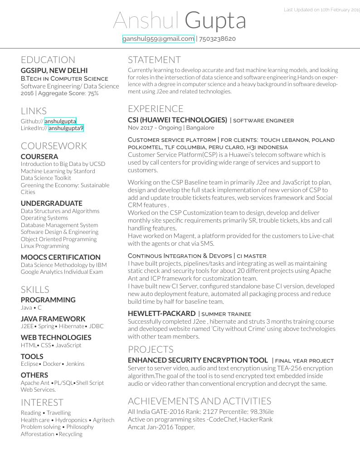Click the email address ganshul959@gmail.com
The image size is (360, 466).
tap(158, 39)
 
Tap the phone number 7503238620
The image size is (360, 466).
tap(217, 39)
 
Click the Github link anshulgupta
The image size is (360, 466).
tap(60, 121)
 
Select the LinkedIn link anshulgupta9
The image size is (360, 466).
tap(66, 128)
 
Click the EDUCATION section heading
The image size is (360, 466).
tap(48, 60)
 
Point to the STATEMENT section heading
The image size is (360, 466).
tap(154, 60)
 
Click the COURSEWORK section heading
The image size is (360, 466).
tap(54, 146)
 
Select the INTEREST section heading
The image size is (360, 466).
tap(42, 403)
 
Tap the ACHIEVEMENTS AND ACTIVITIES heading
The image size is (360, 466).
tap(199, 401)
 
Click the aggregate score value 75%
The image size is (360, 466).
tap(93, 93)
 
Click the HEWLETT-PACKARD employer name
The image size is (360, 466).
tap(161, 313)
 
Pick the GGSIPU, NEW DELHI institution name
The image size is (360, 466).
tap(54, 71)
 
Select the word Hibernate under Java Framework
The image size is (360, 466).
tap(72, 326)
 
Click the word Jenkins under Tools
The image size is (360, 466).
tap(75, 364)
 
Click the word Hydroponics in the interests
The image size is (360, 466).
tap(71, 420)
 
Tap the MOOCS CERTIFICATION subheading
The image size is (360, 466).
tap(61, 257)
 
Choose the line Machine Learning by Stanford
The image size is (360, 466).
tap(58, 171)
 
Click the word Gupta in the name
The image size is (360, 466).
tap(215, 20)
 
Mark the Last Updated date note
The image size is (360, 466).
tap(321, 10)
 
